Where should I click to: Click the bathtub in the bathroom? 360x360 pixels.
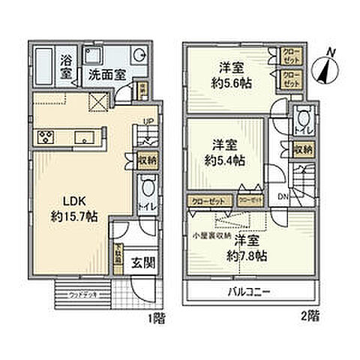[x=46, y=66]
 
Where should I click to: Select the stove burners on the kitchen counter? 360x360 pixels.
[x=44, y=136]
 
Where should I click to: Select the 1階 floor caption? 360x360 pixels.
[x=156, y=318]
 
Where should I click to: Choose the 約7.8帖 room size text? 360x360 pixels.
[x=247, y=255]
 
